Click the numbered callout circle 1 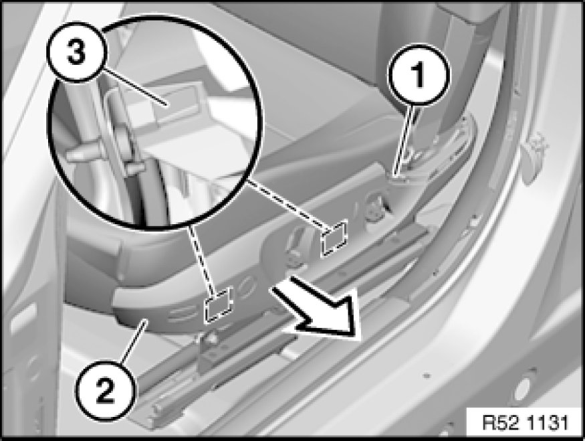tap(419, 75)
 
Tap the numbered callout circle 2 tap(106, 389)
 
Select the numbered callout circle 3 tap(78, 52)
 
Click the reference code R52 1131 tap(525, 423)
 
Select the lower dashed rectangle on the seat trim tap(218, 304)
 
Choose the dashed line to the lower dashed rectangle tap(201, 258)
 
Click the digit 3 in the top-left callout tap(76, 52)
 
